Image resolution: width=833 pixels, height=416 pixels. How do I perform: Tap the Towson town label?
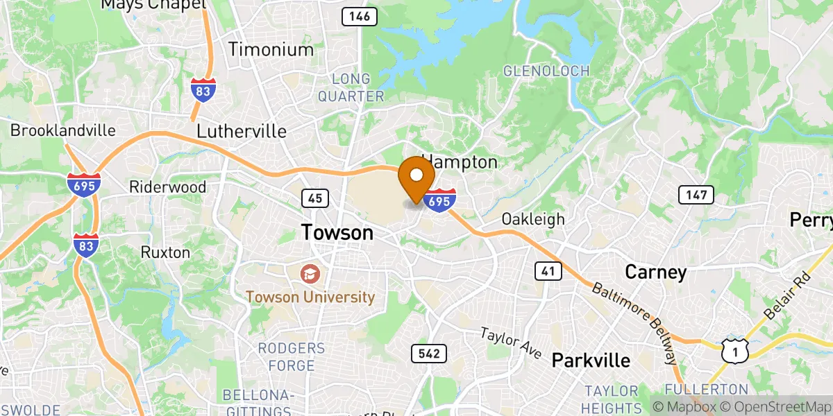[337, 233]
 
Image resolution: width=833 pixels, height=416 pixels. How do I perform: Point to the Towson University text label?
[310, 297]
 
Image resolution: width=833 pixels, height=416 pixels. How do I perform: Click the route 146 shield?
[360, 16]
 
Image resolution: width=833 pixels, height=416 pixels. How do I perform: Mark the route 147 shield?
[696, 196]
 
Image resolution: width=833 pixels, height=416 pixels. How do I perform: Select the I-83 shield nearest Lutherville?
[203, 90]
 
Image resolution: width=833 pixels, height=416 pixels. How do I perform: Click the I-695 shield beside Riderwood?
[84, 185]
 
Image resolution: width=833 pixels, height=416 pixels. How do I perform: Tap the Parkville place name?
[591, 361]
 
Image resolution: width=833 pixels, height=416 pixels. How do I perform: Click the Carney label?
[655, 272]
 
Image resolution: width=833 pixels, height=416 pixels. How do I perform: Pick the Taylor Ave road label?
[511, 343]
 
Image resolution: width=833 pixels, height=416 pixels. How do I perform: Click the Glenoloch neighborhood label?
[546, 71]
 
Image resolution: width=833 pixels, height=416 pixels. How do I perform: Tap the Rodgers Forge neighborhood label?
[292, 356]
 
